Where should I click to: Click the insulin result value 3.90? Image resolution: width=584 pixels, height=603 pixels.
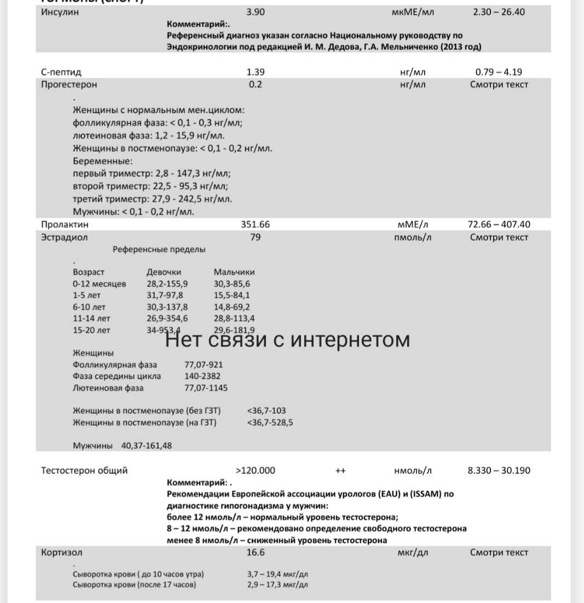pyautogui.click(x=256, y=11)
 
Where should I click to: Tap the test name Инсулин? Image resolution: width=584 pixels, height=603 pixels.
pyautogui.click(x=60, y=11)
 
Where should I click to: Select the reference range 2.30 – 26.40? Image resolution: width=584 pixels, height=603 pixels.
pyautogui.click(x=499, y=11)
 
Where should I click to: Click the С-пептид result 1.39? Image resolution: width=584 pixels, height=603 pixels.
pyautogui.click(x=256, y=72)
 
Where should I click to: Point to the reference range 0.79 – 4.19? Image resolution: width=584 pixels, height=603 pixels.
pyautogui.click(x=502, y=72)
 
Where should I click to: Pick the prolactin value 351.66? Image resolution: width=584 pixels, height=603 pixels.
pyautogui.click(x=256, y=224)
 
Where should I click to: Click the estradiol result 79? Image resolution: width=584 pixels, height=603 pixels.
pyautogui.click(x=256, y=237)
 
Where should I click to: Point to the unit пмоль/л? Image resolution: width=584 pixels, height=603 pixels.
pyautogui.click(x=412, y=237)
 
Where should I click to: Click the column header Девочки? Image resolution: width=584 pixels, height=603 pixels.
pyautogui.click(x=164, y=272)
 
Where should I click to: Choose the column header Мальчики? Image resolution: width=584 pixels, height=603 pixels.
pyautogui.click(x=234, y=272)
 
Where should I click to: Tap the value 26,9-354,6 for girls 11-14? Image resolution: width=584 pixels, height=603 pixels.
pyautogui.click(x=167, y=318)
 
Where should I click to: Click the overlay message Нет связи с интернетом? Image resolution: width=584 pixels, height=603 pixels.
pyautogui.click(x=287, y=340)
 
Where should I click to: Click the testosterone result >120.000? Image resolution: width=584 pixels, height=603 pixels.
pyautogui.click(x=256, y=471)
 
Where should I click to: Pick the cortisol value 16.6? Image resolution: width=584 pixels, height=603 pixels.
pyautogui.click(x=256, y=553)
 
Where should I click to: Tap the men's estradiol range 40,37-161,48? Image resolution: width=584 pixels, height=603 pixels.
pyautogui.click(x=146, y=446)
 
